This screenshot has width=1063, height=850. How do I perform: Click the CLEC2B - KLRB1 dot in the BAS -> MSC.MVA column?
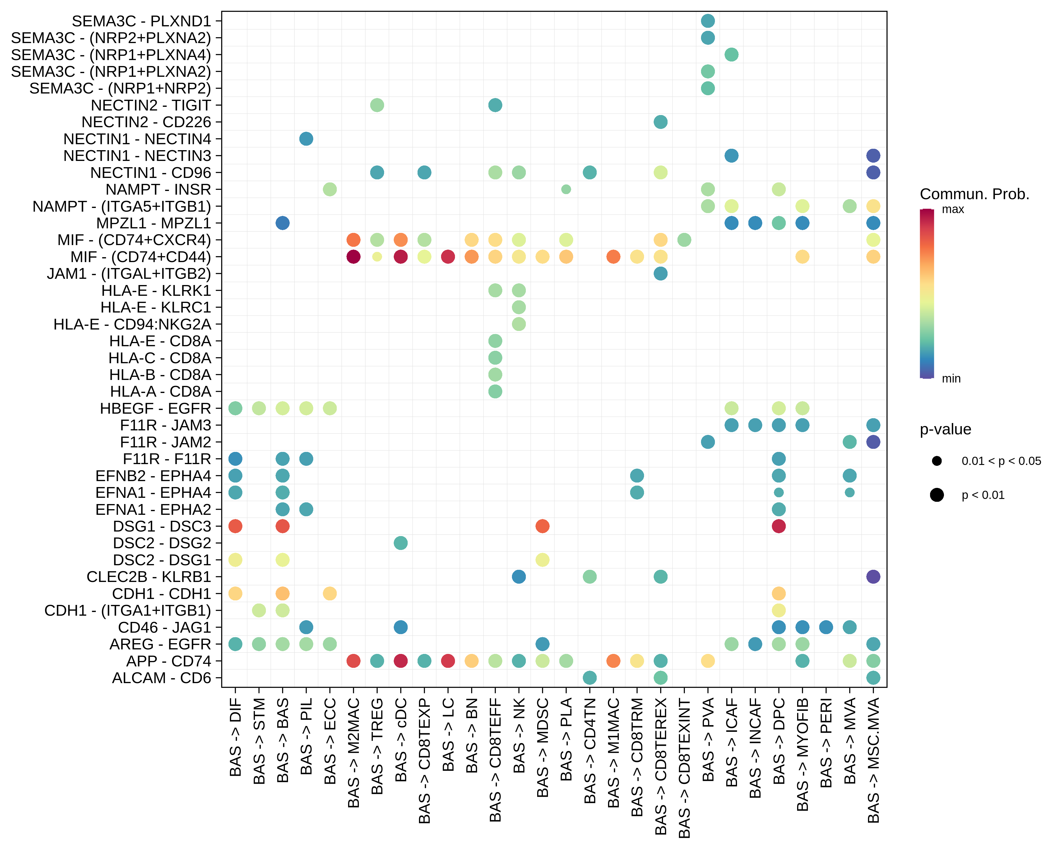(873, 577)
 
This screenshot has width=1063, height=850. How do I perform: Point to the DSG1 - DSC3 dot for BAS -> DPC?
(778, 526)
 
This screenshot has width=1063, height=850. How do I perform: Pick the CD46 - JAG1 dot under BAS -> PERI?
(826, 627)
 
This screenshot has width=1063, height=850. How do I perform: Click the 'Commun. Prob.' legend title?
(974, 194)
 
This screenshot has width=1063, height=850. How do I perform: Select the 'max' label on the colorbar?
(952, 209)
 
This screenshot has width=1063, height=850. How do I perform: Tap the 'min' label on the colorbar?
(951, 379)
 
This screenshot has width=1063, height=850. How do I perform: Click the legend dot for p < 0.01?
(937, 495)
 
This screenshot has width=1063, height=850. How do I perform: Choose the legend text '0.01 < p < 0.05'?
(1001, 461)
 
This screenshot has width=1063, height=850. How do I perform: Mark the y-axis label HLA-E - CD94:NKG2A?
(132, 324)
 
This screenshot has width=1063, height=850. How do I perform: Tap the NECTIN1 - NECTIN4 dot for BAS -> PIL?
(306, 139)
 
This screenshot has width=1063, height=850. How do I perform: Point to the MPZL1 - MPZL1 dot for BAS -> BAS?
(283, 223)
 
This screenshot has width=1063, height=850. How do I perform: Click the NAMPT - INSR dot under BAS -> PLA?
(566, 189)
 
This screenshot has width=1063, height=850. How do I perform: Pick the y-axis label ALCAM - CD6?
(161, 678)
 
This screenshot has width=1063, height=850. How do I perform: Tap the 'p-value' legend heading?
(945, 429)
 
